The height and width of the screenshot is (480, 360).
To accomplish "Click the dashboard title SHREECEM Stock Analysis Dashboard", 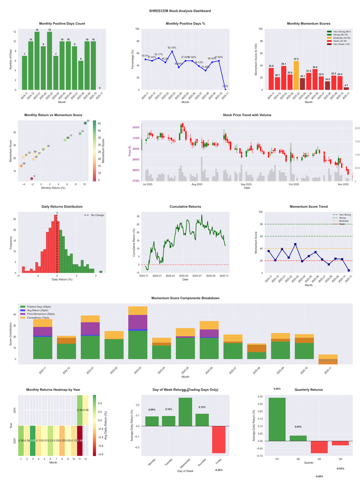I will click(x=180, y=10).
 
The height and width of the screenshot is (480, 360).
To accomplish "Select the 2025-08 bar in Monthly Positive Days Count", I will click(x=81, y=75).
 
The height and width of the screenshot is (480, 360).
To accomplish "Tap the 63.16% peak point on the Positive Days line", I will click(x=171, y=51).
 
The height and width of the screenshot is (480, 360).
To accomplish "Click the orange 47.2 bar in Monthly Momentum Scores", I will click(x=296, y=75).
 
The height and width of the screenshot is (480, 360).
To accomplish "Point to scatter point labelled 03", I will click(x=85, y=123).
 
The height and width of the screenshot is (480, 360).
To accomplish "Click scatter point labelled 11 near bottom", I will click(x=31, y=178).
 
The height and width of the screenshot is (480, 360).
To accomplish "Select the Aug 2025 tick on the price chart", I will click(x=197, y=184).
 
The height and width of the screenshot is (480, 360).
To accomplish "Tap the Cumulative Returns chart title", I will click(x=185, y=207).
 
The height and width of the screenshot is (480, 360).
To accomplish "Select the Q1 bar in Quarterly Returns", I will click(x=277, y=419).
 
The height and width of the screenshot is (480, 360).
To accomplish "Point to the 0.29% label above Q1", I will click(x=277, y=389).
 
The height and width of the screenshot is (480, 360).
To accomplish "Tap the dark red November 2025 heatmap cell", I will click(x=80, y=440).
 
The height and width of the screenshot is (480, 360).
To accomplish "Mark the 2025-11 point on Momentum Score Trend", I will click(x=349, y=270).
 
